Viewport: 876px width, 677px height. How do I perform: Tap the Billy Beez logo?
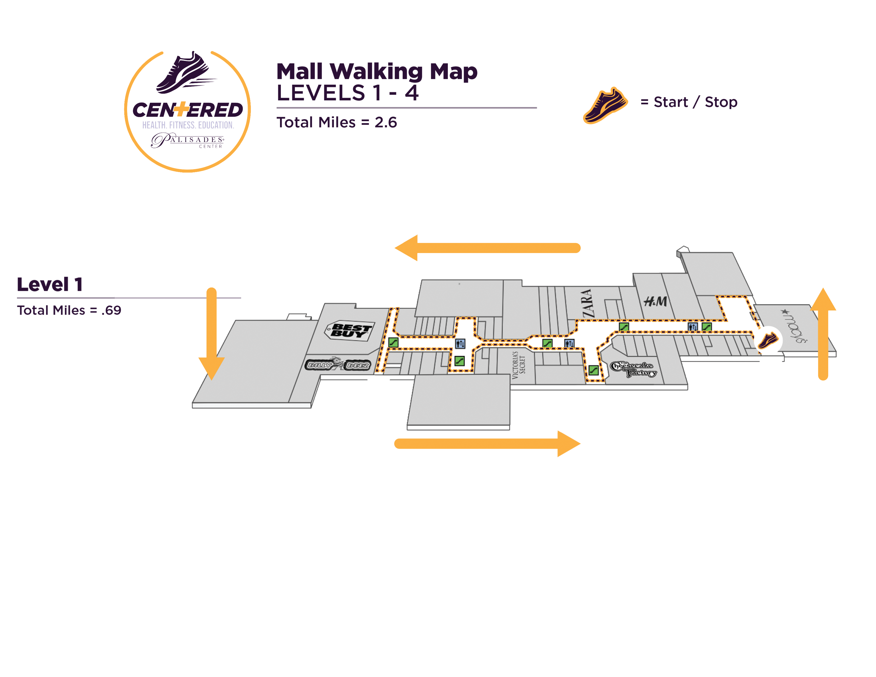338,365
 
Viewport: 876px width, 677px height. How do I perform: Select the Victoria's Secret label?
518,365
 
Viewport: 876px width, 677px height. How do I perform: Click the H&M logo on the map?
655,301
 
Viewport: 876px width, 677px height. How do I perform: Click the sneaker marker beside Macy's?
768,340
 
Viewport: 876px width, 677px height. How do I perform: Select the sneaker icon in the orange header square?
606,106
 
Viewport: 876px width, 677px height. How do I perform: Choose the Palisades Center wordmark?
188,140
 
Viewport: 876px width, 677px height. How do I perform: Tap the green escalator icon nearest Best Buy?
393,342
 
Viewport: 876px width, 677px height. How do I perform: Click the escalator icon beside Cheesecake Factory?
593,370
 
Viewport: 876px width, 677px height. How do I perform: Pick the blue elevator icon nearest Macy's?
692,327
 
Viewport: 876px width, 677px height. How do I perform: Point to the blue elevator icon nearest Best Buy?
460,343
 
